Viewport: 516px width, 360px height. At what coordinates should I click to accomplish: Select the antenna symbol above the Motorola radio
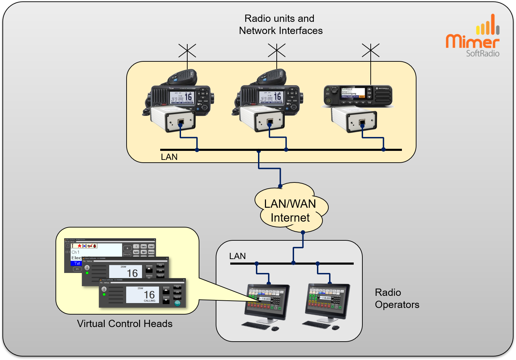(x=371, y=51)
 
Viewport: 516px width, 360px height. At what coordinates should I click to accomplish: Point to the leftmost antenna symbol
(x=187, y=51)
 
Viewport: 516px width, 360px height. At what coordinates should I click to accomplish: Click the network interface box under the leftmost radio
(x=173, y=119)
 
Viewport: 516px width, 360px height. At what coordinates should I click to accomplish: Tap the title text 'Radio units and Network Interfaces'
(x=281, y=24)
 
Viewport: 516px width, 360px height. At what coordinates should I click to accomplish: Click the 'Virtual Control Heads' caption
(x=125, y=324)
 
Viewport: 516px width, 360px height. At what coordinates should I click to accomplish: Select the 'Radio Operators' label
(x=397, y=298)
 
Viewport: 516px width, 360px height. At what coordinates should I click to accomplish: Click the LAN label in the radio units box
(x=169, y=157)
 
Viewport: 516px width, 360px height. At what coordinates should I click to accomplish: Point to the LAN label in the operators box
(x=238, y=256)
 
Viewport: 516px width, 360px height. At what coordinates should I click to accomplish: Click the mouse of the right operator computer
(x=335, y=327)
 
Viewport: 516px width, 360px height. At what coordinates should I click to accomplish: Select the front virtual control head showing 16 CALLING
(x=143, y=293)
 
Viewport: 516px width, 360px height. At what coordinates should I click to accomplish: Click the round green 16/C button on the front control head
(x=177, y=303)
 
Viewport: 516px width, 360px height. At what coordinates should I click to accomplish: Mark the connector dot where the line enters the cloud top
(x=280, y=186)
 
